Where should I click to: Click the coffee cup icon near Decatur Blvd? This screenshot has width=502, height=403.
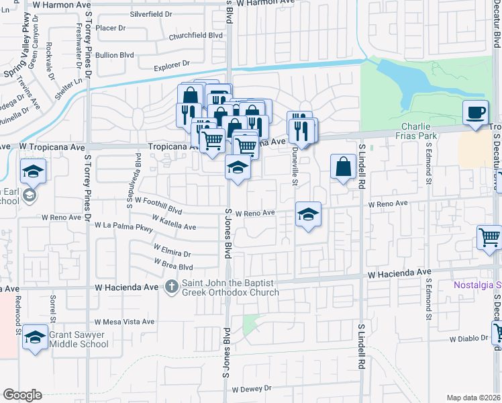(x=476, y=112)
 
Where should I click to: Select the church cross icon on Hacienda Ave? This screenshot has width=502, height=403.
(x=171, y=287)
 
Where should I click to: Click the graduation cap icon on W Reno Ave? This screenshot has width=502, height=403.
(x=308, y=214)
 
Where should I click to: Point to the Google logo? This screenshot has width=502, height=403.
(x=22, y=394)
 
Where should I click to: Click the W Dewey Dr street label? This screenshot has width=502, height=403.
(x=251, y=389)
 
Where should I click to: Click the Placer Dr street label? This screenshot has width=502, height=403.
(x=111, y=28)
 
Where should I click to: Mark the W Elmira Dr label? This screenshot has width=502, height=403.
(x=172, y=253)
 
